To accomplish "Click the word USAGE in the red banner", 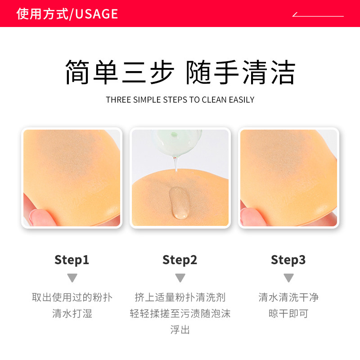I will tap(96, 14).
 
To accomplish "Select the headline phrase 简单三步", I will tap(120, 72).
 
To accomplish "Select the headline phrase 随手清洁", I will tap(241, 72).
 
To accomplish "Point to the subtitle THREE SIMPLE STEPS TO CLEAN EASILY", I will tap(180, 99).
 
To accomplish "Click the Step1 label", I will tap(72, 260).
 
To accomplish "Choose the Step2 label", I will tap(180, 260).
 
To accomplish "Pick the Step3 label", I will tap(288, 260).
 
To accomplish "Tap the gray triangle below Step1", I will tap(72, 278).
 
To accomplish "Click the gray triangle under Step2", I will tap(180, 278).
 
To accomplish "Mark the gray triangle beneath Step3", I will tap(288, 278).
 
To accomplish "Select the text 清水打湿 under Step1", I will tap(72, 314).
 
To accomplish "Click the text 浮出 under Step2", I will tap(180, 330).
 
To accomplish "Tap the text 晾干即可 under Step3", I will tap(288, 314).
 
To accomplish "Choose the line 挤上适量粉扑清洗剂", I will tap(180, 297).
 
